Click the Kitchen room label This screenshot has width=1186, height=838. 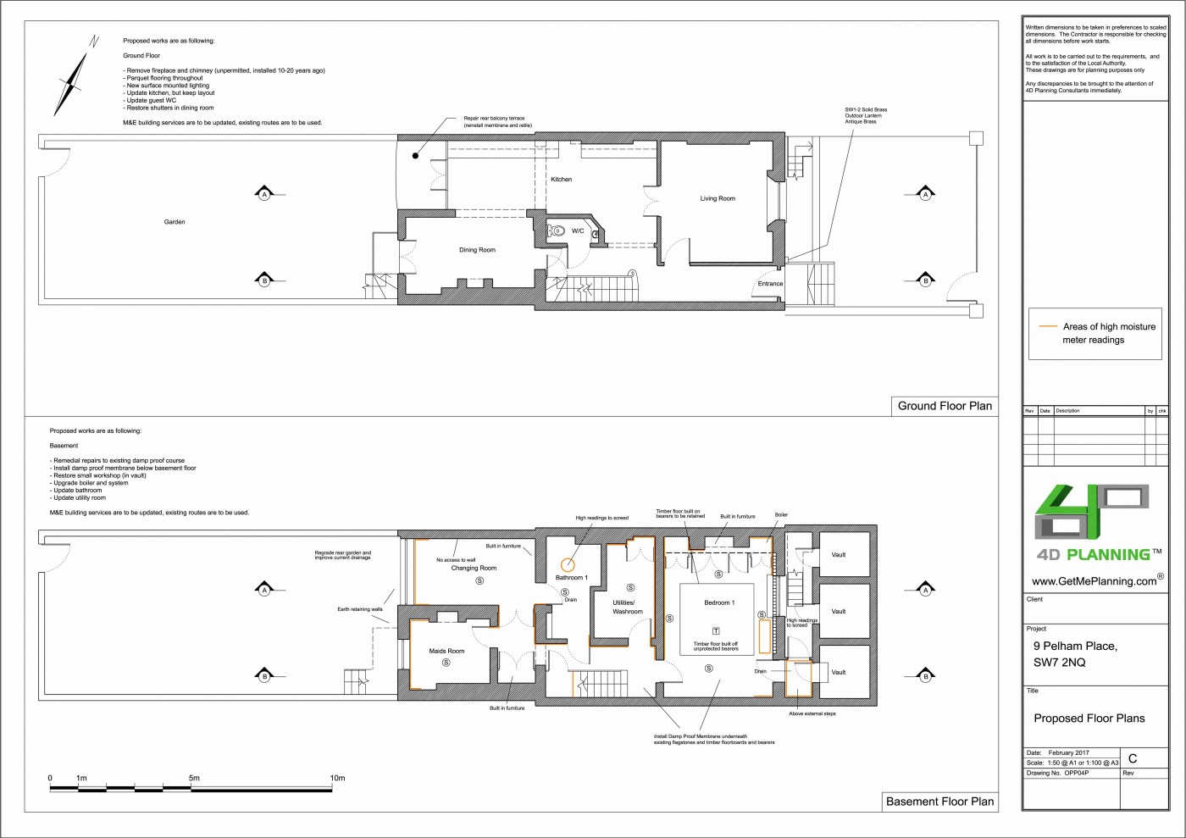tap(561, 180)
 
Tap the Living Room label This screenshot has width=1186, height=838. tap(718, 199)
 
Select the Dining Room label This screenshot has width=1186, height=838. tap(477, 250)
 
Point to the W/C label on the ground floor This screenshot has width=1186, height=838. tap(577, 231)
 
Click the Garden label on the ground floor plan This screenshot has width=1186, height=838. tap(175, 222)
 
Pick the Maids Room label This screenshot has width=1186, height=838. tap(446, 651)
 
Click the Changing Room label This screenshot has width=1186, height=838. tap(474, 569)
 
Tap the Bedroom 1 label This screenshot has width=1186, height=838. tap(719, 602)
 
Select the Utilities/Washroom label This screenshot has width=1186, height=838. tap(628, 607)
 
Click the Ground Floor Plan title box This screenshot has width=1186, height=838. tap(945, 406)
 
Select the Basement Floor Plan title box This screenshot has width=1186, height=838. tap(939, 802)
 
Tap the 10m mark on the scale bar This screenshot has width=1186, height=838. tap(337, 778)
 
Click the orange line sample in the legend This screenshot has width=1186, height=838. tap(1048, 326)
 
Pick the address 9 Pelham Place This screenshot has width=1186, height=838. tap(1074, 646)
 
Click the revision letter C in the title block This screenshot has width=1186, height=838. tap(1133, 758)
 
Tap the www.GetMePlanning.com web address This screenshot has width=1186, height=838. tap(1094, 581)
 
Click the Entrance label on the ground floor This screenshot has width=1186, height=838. tap(770, 284)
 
